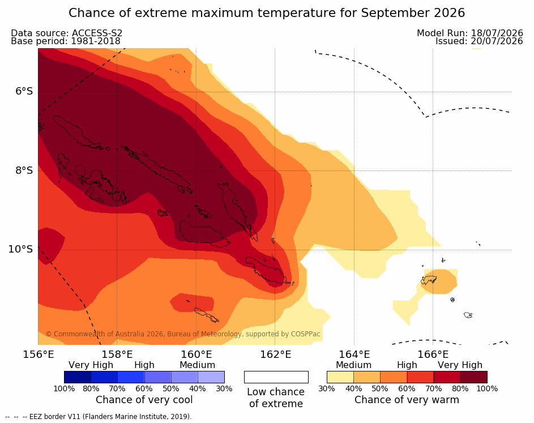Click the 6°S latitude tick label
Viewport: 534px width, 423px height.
click(24, 92)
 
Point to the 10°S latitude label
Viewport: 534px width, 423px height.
click(21, 249)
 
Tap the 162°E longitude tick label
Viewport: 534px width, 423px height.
click(276, 354)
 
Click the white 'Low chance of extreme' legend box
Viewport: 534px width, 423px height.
click(276, 377)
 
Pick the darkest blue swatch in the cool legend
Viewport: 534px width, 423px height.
click(78, 377)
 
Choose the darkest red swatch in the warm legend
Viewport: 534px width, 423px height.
click(474, 377)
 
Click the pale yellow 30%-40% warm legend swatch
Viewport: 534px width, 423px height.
click(340, 377)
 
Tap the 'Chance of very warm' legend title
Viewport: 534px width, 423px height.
click(407, 400)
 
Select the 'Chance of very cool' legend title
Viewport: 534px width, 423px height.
click(144, 400)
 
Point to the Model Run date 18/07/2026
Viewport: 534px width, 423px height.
click(497, 33)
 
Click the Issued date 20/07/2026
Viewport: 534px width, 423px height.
click(497, 41)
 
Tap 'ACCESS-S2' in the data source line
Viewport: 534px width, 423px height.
click(97, 33)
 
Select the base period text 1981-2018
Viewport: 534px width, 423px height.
click(95, 41)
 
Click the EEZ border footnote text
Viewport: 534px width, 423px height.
click(99, 417)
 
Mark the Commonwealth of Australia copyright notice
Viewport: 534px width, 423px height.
click(183, 334)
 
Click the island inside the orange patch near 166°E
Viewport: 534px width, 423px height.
click(429, 280)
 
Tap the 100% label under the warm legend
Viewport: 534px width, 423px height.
click(487, 388)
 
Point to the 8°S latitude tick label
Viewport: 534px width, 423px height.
click(24, 170)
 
